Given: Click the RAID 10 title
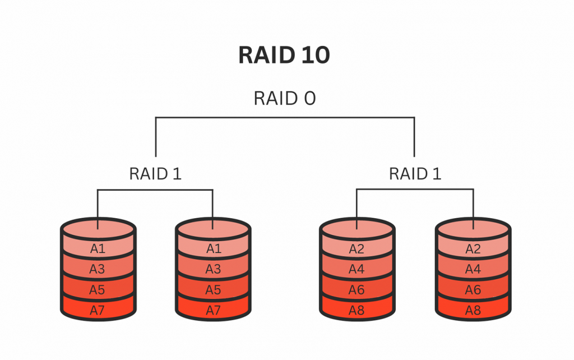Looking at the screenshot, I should (x=284, y=55).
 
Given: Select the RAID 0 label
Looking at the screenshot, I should (x=284, y=98).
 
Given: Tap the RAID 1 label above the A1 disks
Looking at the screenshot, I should (x=155, y=173).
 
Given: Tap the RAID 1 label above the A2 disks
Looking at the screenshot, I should (x=415, y=173).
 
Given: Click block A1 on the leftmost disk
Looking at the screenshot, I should (x=98, y=248).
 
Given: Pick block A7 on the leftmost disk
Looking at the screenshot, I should (x=98, y=310).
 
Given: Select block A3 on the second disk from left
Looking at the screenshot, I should (x=213, y=269).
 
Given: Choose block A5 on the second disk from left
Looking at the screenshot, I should (x=213, y=290).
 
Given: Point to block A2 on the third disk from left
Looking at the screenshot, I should (x=357, y=248).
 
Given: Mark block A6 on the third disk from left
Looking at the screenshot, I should (x=357, y=290).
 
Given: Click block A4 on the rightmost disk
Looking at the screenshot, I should (x=473, y=269).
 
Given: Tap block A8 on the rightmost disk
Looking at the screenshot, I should (x=473, y=310).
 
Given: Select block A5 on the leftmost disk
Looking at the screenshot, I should (x=98, y=290).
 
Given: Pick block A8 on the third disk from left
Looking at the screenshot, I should (x=357, y=310).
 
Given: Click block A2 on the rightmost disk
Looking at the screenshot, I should (x=473, y=248).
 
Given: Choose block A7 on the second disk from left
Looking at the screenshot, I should (x=213, y=310).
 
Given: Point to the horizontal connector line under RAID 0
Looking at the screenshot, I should (x=285, y=118).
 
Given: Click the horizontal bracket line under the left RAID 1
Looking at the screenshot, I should (x=155, y=190).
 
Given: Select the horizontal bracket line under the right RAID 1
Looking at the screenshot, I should (x=415, y=190).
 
